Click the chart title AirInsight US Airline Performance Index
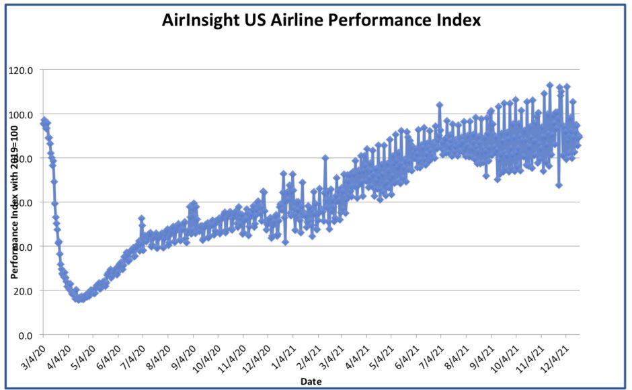pyautogui.click(x=321, y=20)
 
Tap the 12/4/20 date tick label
pyautogui.click(x=255, y=354)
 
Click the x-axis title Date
pyautogui.click(x=311, y=382)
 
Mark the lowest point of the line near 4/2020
pyautogui.click(x=79, y=299)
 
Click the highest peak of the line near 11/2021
pyautogui.click(x=549, y=85)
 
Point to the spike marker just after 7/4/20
pyautogui.click(x=141, y=219)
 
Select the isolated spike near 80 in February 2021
pyautogui.click(x=325, y=158)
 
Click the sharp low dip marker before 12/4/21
pyautogui.click(x=559, y=185)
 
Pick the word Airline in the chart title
pyautogui.click(x=306, y=20)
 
